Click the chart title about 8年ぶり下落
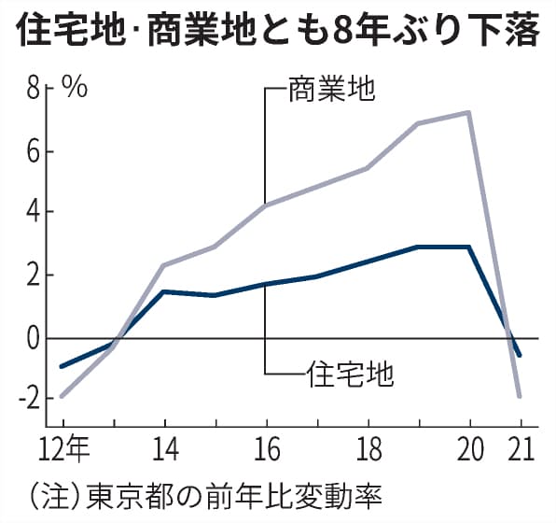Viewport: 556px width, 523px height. coord(277,32)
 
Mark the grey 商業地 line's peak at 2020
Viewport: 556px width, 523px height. coord(468,113)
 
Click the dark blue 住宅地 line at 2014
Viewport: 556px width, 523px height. coord(163,291)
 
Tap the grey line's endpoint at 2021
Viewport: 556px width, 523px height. coord(520,397)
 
